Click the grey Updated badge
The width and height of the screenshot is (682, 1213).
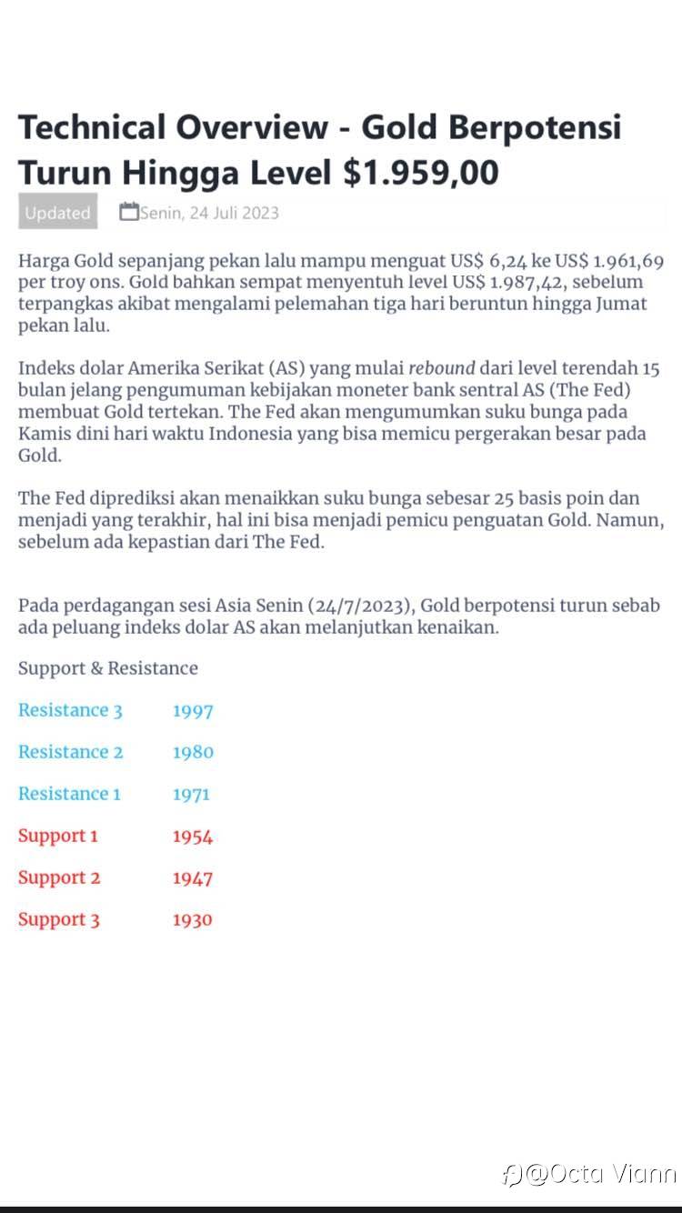(x=57, y=213)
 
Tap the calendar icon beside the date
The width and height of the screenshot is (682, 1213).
(x=129, y=212)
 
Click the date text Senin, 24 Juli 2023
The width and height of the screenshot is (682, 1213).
(x=209, y=213)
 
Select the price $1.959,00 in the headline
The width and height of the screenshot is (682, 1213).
(x=421, y=171)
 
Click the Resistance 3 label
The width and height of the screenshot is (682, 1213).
(x=70, y=710)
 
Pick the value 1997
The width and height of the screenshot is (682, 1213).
(x=193, y=711)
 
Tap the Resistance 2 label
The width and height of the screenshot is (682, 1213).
(x=70, y=752)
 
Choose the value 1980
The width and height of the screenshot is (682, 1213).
(x=193, y=753)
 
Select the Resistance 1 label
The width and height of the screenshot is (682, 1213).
(x=69, y=794)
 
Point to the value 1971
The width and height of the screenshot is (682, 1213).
(x=191, y=795)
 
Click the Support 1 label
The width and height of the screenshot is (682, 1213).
(x=58, y=836)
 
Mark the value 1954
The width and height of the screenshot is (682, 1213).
(x=193, y=837)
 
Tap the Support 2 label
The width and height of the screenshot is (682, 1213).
(x=59, y=877)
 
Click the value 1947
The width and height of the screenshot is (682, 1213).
(x=193, y=878)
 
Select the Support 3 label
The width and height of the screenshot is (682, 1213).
(x=59, y=919)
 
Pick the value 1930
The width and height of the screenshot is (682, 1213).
(x=193, y=920)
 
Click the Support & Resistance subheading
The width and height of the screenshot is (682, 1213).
(x=108, y=668)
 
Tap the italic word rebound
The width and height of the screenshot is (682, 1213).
(x=442, y=369)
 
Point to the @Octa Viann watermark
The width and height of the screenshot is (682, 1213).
(x=589, y=1174)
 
